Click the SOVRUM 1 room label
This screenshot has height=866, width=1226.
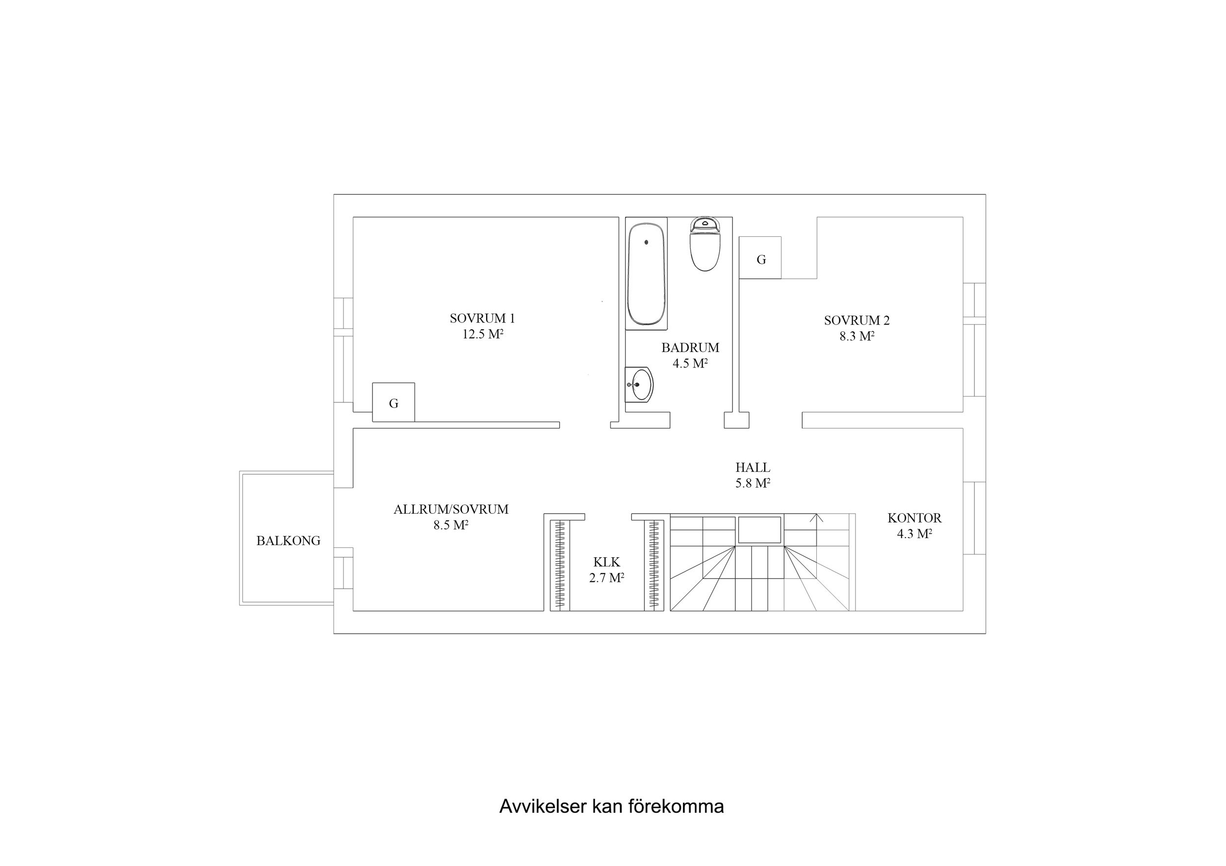pos(482,319)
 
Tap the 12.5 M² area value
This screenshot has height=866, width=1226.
pos(482,335)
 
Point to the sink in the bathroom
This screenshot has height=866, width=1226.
pos(640,384)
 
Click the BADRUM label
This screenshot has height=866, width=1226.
pos(690,348)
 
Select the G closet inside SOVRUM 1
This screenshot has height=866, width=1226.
pos(393,403)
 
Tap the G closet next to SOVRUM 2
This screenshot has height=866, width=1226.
pos(760,259)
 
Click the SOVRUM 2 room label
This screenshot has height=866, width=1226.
pos(857,321)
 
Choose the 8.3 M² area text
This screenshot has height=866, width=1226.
pos(857,337)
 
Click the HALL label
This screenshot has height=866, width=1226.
pos(753,468)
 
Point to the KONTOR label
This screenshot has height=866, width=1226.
pos(914,518)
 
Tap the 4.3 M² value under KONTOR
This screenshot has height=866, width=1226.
pos(914,534)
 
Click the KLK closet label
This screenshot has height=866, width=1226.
pos(606,562)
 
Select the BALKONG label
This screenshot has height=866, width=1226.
pos(288,541)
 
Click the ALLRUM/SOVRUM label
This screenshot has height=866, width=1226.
pos(451,510)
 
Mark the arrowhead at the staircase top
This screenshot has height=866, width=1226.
pos(816,517)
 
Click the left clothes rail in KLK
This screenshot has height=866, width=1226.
pos(560,564)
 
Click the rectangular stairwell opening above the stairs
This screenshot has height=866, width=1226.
pos(760,530)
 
